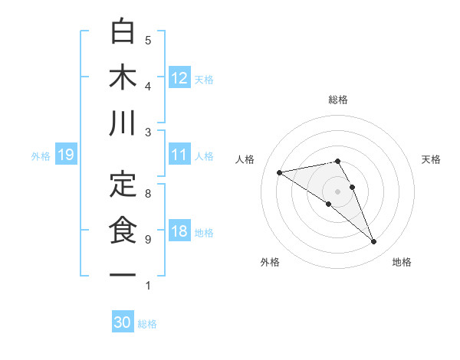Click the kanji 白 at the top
pyautogui.click(x=123, y=31)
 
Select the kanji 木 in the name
pyautogui.click(x=123, y=77)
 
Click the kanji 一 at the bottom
pyautogui.click(x=123, y=274)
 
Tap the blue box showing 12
pyautogui.click(x=179, y=77)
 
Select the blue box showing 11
pyautogui.click(x=179, y=155)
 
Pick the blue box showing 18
pyautogui.click(x=179, y=231)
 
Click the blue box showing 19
pyautogui.click(x=65, y=155)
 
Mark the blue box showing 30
pyautogui.click(x=123, y=322)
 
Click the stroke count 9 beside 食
pyautogui.click(x=148, y=240)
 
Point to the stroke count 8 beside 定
pyautogui.click(x=148, y=194)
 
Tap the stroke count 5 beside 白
pyautogui.click(x=148, y=41)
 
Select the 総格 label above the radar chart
pyautogui.click(x=338, y=100)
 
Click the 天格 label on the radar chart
pyautogui.click(x=431, y=159)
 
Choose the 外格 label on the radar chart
pyautogui.click(x=269, y=262)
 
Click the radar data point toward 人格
pyautogui.click(x=280, y=172)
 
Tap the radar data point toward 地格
pyautogui.click(x=374, y=242)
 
